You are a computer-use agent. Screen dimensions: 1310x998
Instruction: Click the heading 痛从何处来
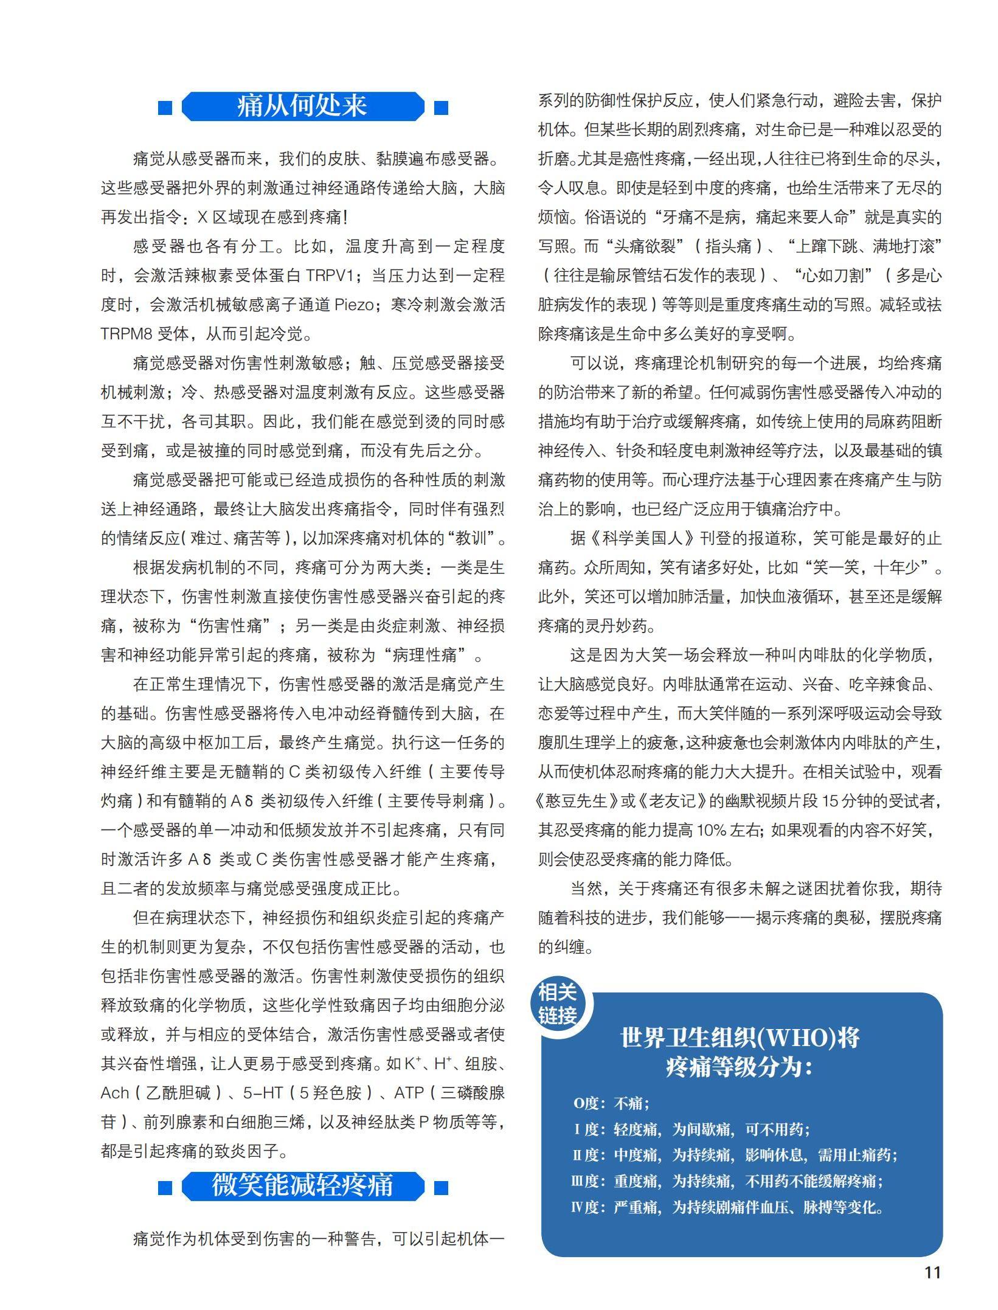pyautogui.click(x=302, y=106)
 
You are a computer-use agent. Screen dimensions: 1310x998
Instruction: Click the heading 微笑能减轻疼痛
pyautogui.click(x=302, y=1185)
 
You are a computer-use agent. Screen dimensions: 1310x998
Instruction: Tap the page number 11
pyautogui.click(x=932, y=1272)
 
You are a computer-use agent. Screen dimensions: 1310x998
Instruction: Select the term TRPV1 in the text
pyautogui.click(x=329, y=276)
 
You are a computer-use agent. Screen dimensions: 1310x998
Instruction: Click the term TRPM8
pyautogui.click(x=126, y=334)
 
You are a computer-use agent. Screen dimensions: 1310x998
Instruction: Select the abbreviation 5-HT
pyautogui.click(x=263, y=1093)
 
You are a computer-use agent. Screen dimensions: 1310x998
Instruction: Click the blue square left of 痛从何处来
pyautogui.click(x=165, y=108)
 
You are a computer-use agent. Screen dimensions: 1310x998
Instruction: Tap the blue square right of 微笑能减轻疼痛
pyautogui.click(x=441, y=1187)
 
